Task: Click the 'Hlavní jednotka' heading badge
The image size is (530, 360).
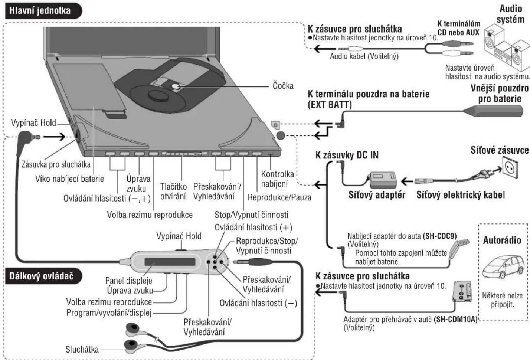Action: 40,10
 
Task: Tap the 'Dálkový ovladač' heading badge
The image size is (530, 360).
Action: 41,276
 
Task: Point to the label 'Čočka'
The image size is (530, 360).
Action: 283,86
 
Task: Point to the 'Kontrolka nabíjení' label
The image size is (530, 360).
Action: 277,179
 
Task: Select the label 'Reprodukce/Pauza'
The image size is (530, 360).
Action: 279,197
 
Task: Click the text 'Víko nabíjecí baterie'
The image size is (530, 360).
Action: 69,179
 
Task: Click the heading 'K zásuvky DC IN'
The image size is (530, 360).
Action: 347,155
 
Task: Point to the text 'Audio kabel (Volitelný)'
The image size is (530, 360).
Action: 364,56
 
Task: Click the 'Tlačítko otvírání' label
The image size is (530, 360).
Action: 173,191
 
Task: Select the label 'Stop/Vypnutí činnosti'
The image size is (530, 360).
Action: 251,215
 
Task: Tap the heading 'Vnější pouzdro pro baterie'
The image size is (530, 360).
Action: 499,94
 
